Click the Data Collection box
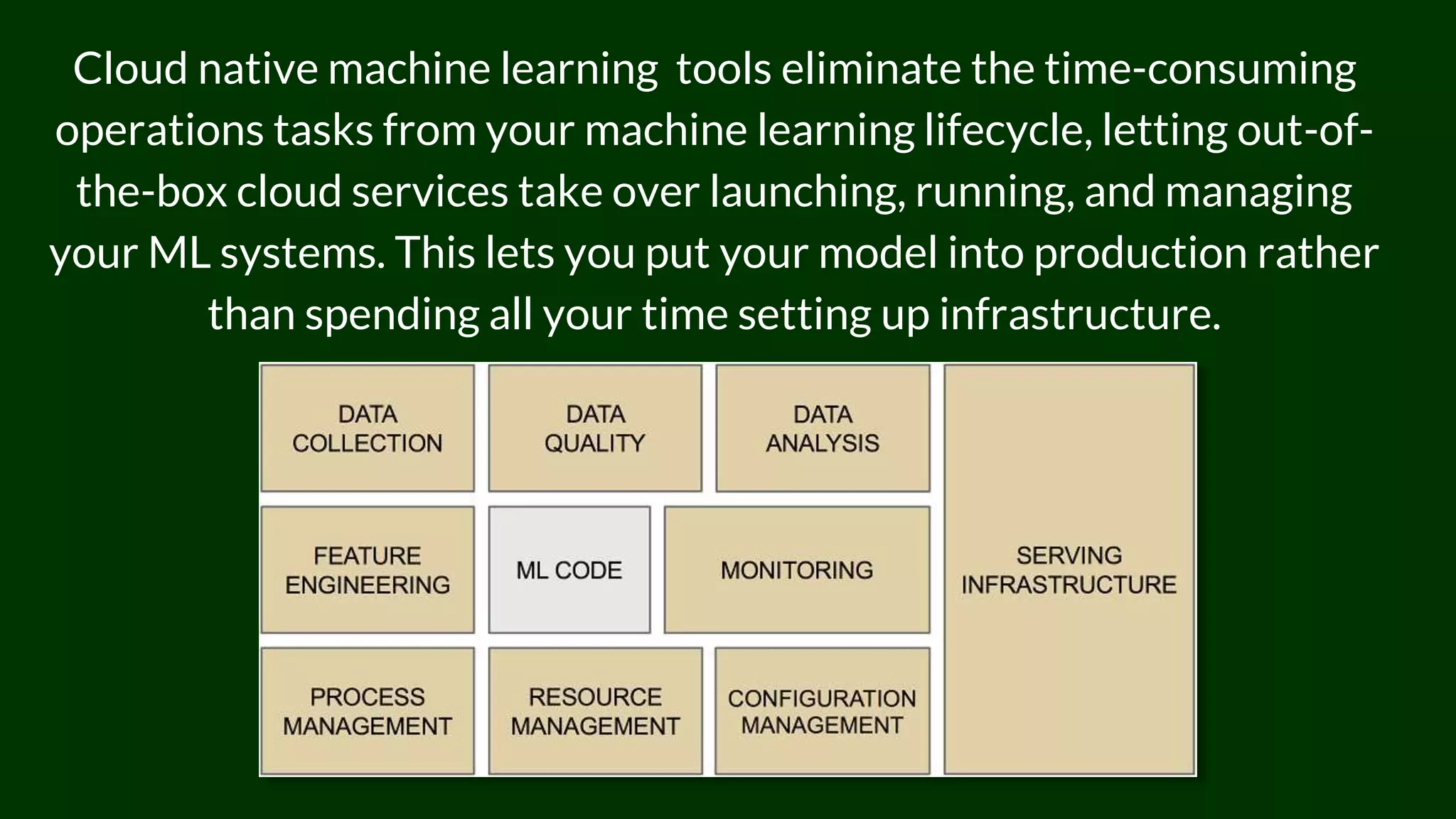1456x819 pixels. click(x=367, y=428)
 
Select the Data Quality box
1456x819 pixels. click(x=595, y=428)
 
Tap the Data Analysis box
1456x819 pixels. click(x=823, y=428)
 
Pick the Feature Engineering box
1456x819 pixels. click(x=367, y=569)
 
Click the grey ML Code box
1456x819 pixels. click(x=569, y=569)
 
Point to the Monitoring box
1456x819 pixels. click(x=796, y=569)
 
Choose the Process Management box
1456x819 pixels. click(x=367, y=711)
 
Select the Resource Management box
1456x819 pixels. click(x=595, y=711)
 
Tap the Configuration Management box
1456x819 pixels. click(x=822, y=711)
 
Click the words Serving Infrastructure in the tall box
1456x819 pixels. click(x=1069, y=569)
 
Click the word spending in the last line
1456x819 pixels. click(x=392, y=314)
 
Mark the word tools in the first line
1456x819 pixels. click(x=723, y=69)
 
